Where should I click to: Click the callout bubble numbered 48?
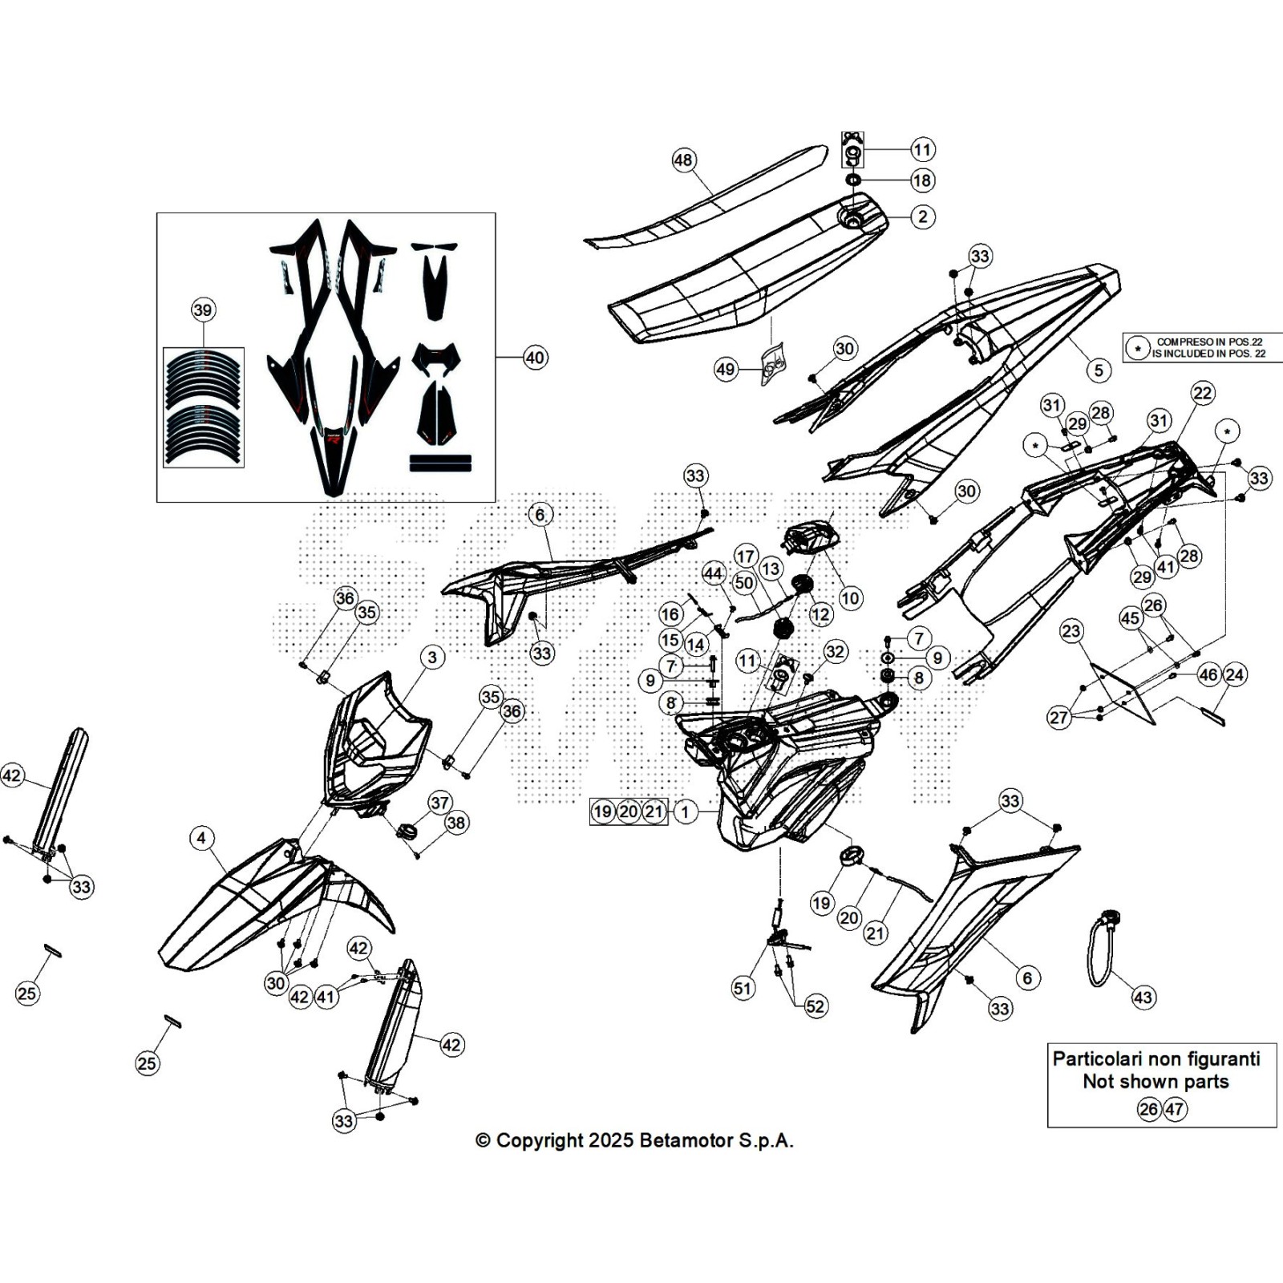pyautogui.click(x=682, y=160)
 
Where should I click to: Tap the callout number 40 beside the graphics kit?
pyautogui.click(x=535, y=357)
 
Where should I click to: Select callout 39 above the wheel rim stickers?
pyautogui.click(x=203, y=310)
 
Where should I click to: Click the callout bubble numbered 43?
pyautogui.click(x=1143, y=998)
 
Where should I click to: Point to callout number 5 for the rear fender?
pyautogui.click(x=1099, y=370)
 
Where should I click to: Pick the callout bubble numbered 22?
pyautogui.click(x=1203, y=393)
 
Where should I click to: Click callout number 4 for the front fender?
pyautogui.click(x=201, y=839)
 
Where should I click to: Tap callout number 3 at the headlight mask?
pyautogui.click(x=432, y=658)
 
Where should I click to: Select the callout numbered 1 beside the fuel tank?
pyautogui.click(x=685, y=811)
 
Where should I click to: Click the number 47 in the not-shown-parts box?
pyautogui.click(x=1175, y=1109)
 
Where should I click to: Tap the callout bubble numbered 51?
pyautogui.click(x=743, y=988)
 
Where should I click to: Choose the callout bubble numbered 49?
pyautogui.click(x=726, y=370)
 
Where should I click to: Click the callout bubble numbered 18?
pyautogui.click(x=922, y=180)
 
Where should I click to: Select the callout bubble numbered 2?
pyautogui.click(x=923, y=217)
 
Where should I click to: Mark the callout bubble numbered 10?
pyautogui.click(x=849, y=597)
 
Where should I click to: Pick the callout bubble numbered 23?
pyautogui.click(x=1071, y=631)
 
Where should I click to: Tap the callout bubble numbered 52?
pyautogui.click(x=815, y=1006)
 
